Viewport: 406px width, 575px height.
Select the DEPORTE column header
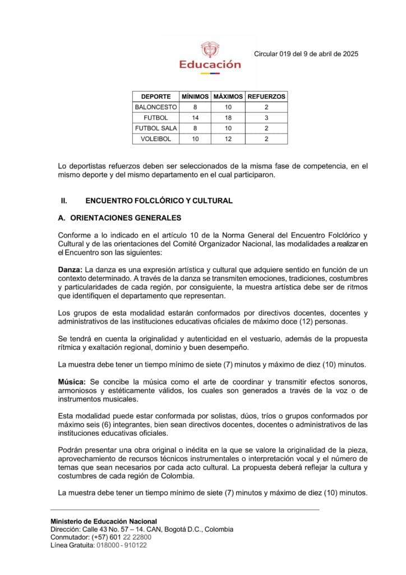155,97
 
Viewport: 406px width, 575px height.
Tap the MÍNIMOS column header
195,97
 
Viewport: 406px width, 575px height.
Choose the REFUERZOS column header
266,97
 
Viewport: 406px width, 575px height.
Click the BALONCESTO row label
155,107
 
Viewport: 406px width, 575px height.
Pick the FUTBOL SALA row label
155,128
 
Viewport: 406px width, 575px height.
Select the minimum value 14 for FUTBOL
195,117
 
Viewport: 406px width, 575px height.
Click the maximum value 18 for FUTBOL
228,117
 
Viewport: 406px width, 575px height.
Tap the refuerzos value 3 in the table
266,117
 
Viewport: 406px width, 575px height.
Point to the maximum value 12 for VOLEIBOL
228,139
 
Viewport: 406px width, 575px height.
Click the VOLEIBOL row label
155,139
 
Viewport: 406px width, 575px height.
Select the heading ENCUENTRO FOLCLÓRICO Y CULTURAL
159,200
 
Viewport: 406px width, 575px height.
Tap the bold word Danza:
70,270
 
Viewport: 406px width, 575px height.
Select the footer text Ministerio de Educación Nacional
104,521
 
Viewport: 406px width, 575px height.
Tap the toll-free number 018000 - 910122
122,545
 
